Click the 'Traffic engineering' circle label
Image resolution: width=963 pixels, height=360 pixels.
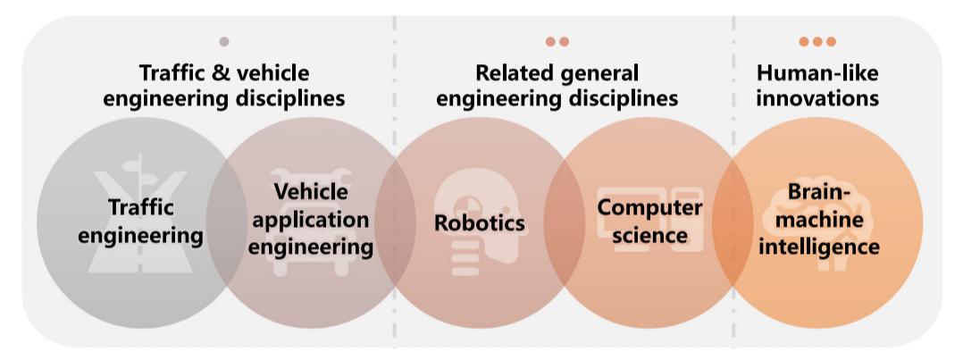point(141,222)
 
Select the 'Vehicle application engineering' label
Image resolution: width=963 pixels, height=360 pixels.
point(311,219)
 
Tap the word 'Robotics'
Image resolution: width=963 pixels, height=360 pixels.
point(479,222)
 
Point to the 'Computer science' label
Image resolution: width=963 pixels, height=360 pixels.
point(649,221)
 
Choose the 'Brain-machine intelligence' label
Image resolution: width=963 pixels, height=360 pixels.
point(819,219)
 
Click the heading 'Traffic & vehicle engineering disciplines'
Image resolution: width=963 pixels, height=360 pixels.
point(223,86)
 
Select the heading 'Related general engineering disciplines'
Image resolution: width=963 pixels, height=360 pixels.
point(557,86)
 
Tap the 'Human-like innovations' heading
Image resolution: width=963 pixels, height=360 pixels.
point(817,86)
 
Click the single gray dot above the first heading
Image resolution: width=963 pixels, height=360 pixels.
point(223,41)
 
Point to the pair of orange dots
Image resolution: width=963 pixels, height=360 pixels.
point(557,41)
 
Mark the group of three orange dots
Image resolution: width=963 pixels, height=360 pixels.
point(817,41)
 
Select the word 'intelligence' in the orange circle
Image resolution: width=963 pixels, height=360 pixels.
point(819,245)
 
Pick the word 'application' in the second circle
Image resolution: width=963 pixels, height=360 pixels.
point(311,219)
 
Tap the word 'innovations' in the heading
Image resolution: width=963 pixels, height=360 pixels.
point(817,98)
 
